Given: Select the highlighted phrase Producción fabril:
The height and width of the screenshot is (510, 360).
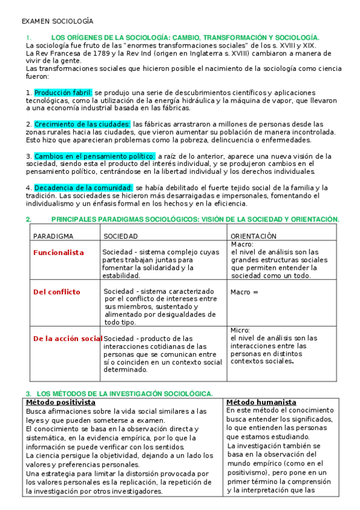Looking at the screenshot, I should pos(63,93).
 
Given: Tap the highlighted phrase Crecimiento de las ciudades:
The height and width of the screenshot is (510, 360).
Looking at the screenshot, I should pos(82,124).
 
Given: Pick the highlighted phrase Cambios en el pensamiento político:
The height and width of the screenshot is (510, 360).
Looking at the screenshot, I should pos(94,156).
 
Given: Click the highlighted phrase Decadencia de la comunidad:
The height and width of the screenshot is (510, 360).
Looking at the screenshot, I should pos(83,188).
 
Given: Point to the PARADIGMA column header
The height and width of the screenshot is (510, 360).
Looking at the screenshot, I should pos(53,236).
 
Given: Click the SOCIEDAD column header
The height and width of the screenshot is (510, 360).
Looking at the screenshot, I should pos(121,236).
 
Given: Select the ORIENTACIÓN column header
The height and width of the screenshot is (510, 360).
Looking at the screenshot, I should pos(254,236).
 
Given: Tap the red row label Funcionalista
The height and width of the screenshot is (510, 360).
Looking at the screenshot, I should pos(58,253).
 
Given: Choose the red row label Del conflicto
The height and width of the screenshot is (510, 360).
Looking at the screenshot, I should pos(56,292).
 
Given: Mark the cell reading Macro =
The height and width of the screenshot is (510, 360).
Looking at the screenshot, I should pos(243,292).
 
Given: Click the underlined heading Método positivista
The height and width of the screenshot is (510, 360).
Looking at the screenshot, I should pos(61,402).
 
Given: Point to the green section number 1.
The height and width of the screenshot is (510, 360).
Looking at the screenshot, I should pos(28,37).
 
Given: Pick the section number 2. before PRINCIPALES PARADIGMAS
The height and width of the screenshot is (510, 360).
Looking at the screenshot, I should pos(29,220).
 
